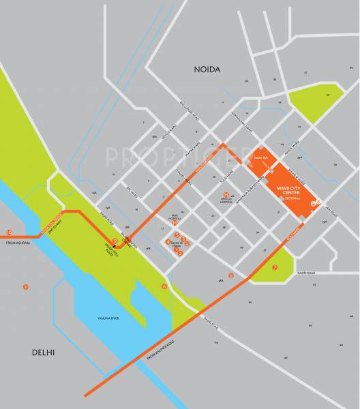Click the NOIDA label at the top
coord(209,70)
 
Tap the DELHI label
coord(44,352)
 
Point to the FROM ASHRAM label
coord(18,243)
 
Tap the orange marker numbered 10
coord(9,232)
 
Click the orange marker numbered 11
coord(26,286)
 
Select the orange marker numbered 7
coord(274,268)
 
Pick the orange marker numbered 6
coord(164,286)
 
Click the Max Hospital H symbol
coord(175,223)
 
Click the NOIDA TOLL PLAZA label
coord(110,249)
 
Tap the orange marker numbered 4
coord(168,242)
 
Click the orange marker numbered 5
coord(177,234)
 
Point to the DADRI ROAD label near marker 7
coord(306,273)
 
